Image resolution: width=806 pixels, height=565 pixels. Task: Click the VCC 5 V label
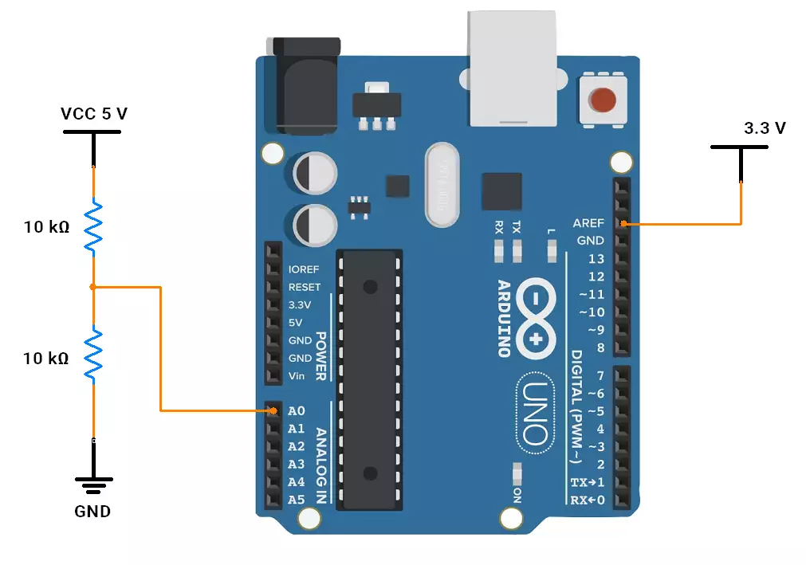click(94, 113)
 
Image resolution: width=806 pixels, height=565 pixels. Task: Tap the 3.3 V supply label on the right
click(765, 128)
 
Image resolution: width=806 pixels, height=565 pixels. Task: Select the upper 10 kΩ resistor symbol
click(93, 226)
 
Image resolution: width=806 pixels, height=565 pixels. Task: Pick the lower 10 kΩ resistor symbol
click(93, 355)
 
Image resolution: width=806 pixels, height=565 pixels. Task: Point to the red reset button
click(603, 100)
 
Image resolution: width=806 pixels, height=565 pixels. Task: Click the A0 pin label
click(296, 411)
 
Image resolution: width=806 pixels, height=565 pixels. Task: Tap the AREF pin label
click(588, 223)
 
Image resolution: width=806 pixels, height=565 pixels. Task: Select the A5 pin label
click(296, 500)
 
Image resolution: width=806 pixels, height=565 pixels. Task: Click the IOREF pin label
click(303, 269)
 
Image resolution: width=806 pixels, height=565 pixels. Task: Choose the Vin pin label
click(297, 375)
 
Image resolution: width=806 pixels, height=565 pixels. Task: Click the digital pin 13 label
click(596, 258)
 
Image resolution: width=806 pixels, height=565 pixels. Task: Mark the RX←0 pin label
click(587, 500)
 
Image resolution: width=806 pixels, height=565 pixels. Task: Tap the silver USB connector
click(512, 69)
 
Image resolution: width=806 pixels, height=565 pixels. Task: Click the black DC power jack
click(303, 86)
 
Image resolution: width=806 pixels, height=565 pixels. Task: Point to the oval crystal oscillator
click(442, 185)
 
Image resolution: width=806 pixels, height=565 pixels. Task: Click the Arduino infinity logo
click(536, 319)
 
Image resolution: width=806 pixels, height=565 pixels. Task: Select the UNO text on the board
click(535, 414)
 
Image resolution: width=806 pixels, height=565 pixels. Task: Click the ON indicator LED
click(517, 473)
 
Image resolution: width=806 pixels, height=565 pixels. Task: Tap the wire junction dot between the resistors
click(93, 287)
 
